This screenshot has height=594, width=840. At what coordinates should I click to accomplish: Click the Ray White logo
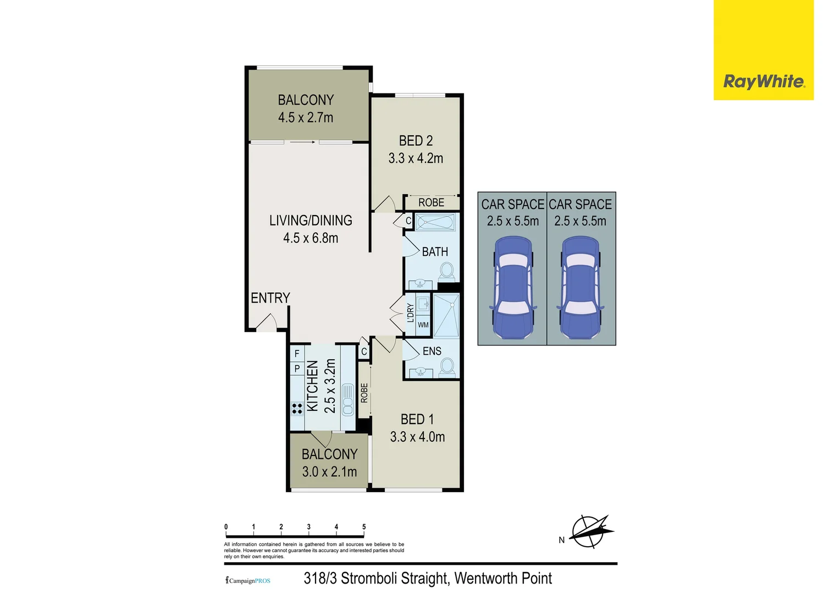point(764,82)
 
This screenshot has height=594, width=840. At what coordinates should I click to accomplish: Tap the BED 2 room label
point(416,141)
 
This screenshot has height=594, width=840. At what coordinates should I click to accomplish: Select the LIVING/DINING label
point(311,221)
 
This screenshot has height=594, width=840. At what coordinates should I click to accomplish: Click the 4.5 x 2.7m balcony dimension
point(306,118)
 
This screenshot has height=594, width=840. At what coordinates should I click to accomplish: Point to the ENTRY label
point(270,298)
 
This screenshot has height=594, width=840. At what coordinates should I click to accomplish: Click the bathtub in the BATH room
point(435,223)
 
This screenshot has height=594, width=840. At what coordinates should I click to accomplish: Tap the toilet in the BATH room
point(446,271)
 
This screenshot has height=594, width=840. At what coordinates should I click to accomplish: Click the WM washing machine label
point(423,325)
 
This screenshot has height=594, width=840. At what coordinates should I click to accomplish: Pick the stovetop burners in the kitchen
point(297,408)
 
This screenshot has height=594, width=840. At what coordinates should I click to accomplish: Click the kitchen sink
point(348,399)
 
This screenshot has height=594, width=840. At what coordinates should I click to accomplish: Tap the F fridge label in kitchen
point(297,354)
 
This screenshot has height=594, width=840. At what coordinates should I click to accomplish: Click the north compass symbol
point(589,532)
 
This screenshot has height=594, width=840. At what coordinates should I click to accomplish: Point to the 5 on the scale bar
point(364,527)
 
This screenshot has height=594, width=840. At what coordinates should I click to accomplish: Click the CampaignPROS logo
point(248,581)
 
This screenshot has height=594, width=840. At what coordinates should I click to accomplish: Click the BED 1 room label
point(417,420)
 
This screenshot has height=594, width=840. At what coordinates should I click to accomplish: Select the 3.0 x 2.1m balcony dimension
point(329,472)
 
